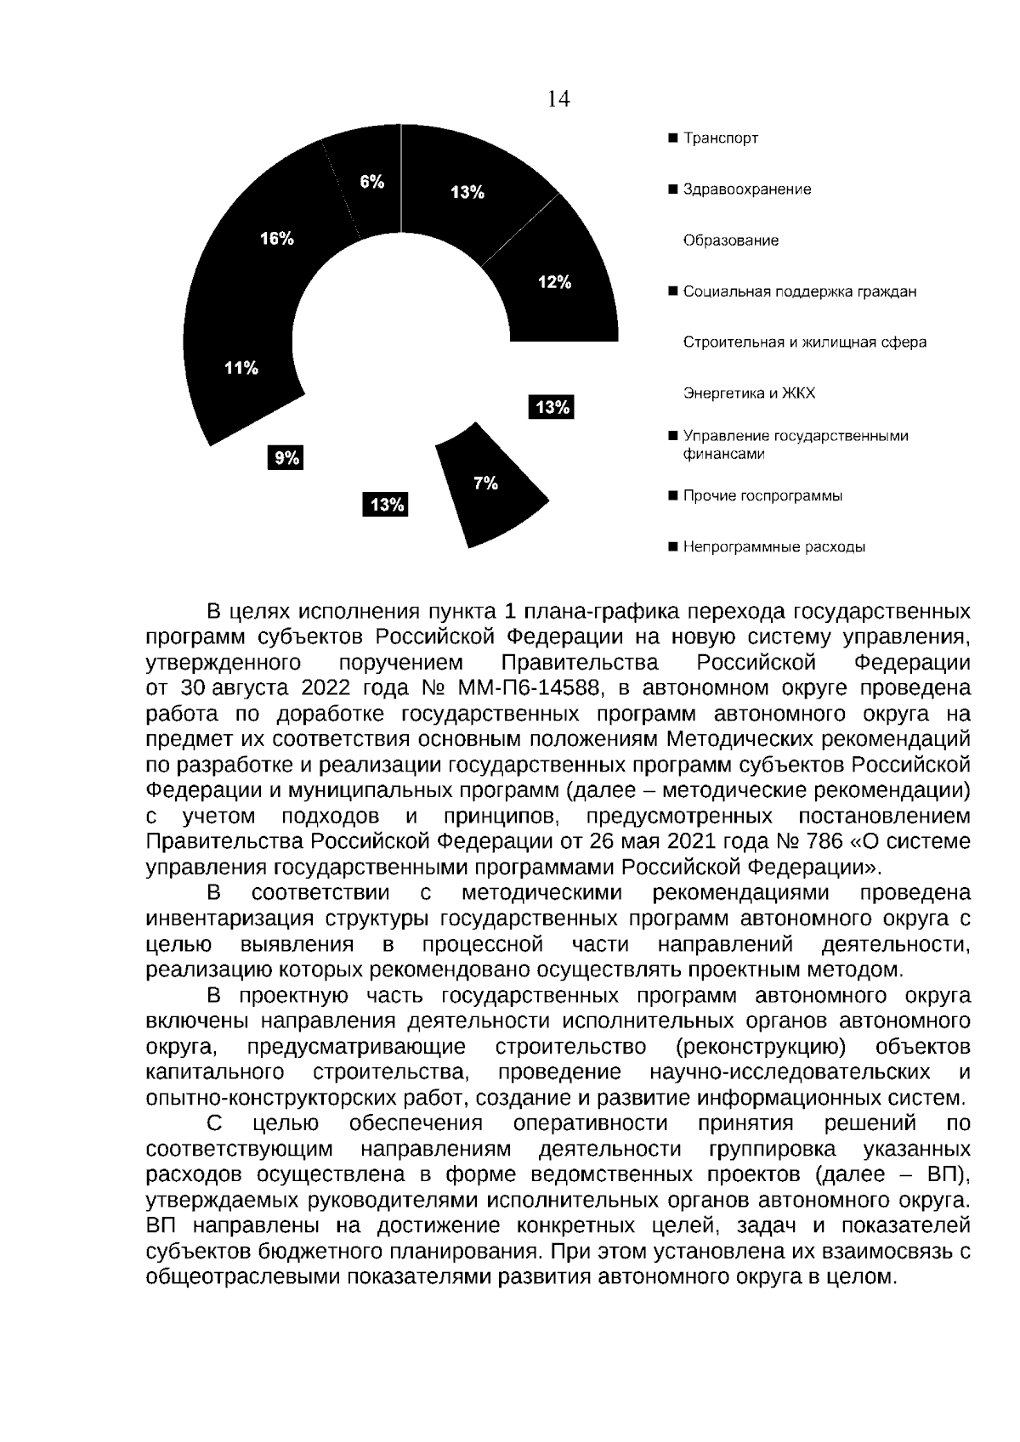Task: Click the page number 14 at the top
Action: [558, 99]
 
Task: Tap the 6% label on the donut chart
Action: [371, 181]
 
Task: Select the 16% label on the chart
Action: [276, 239]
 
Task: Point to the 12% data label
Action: [554, 282]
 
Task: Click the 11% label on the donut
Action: [241, 368]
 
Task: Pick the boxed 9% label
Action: [286, 458]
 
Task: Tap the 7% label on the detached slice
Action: [485, 483]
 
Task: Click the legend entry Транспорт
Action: [720, 139]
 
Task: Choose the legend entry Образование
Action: [731, 240]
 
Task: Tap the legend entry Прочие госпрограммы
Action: [762, 495]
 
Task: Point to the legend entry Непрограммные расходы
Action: [774, 547]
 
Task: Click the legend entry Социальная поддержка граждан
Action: [799, 291]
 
